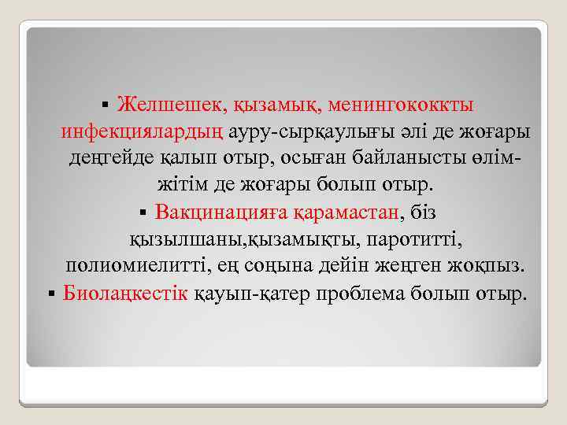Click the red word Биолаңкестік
coord(125,294)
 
